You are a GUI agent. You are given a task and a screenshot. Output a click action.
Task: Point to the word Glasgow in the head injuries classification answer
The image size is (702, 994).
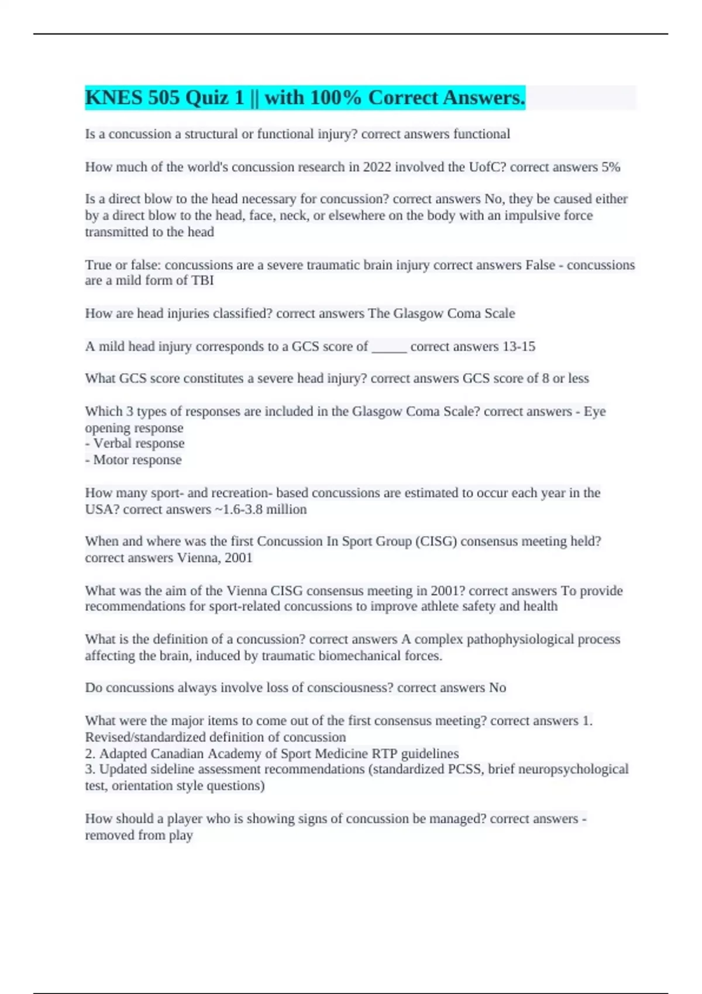418,313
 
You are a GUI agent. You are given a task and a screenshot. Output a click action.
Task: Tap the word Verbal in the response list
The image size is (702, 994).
115,444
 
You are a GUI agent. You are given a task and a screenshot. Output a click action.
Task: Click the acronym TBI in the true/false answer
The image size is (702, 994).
202,281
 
